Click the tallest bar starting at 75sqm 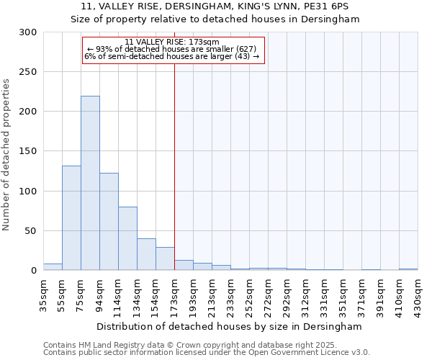[90, 184]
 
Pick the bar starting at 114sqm [127, 238]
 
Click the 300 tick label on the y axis [28, 32]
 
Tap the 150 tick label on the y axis [28, 152]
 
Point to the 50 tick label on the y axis [31, 231]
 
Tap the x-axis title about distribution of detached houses [230, 326]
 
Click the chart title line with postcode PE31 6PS [215, 6]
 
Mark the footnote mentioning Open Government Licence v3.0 [206, 352]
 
